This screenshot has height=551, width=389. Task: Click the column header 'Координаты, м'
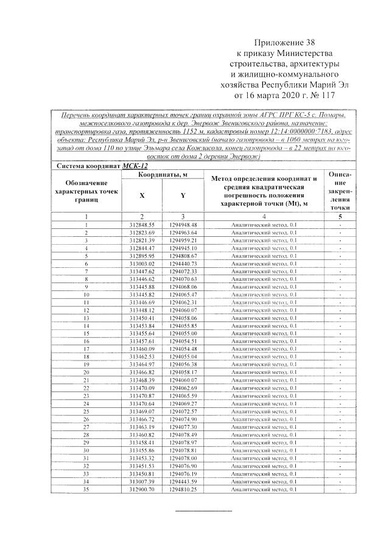pos(161,175)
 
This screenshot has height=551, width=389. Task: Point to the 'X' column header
pos(142,195)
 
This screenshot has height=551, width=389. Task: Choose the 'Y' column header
pos(183,195)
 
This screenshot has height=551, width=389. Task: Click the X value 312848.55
pos(142,224)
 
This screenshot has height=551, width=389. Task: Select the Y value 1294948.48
pos(183,224)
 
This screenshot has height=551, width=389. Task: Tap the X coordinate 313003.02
pos(142,264)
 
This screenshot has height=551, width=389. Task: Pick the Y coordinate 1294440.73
pos(183,264)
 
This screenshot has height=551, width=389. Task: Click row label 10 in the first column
pos(86,294)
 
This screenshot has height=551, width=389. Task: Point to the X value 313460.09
pos(142,348)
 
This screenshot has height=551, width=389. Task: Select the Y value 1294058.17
pos(183,371)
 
